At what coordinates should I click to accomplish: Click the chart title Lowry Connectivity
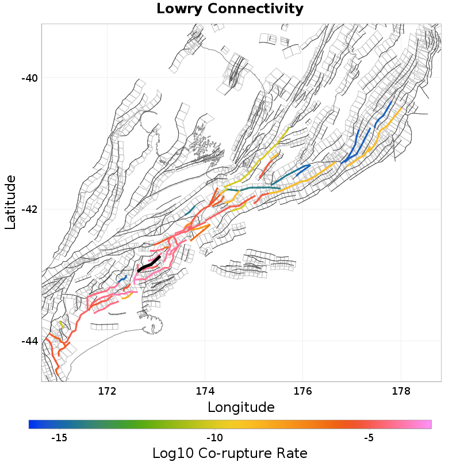[230, 9]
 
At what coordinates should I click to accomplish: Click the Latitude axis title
[10, 203]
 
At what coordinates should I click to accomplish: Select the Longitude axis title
[241, 407]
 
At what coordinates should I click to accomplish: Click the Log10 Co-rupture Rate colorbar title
[230, 453]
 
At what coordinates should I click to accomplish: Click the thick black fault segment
[149, 265]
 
